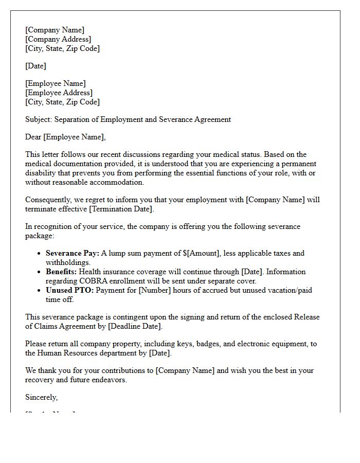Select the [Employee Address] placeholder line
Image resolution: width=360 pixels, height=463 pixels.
pos(59,93)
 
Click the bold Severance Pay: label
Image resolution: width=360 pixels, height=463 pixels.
pos(72,253)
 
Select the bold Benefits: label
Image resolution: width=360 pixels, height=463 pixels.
pos(62,272)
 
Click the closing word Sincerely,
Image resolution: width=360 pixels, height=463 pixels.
pos(42,397)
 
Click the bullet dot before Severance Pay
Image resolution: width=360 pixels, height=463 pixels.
pos(40,254)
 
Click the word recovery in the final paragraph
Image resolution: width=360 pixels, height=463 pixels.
pos(40,380)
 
